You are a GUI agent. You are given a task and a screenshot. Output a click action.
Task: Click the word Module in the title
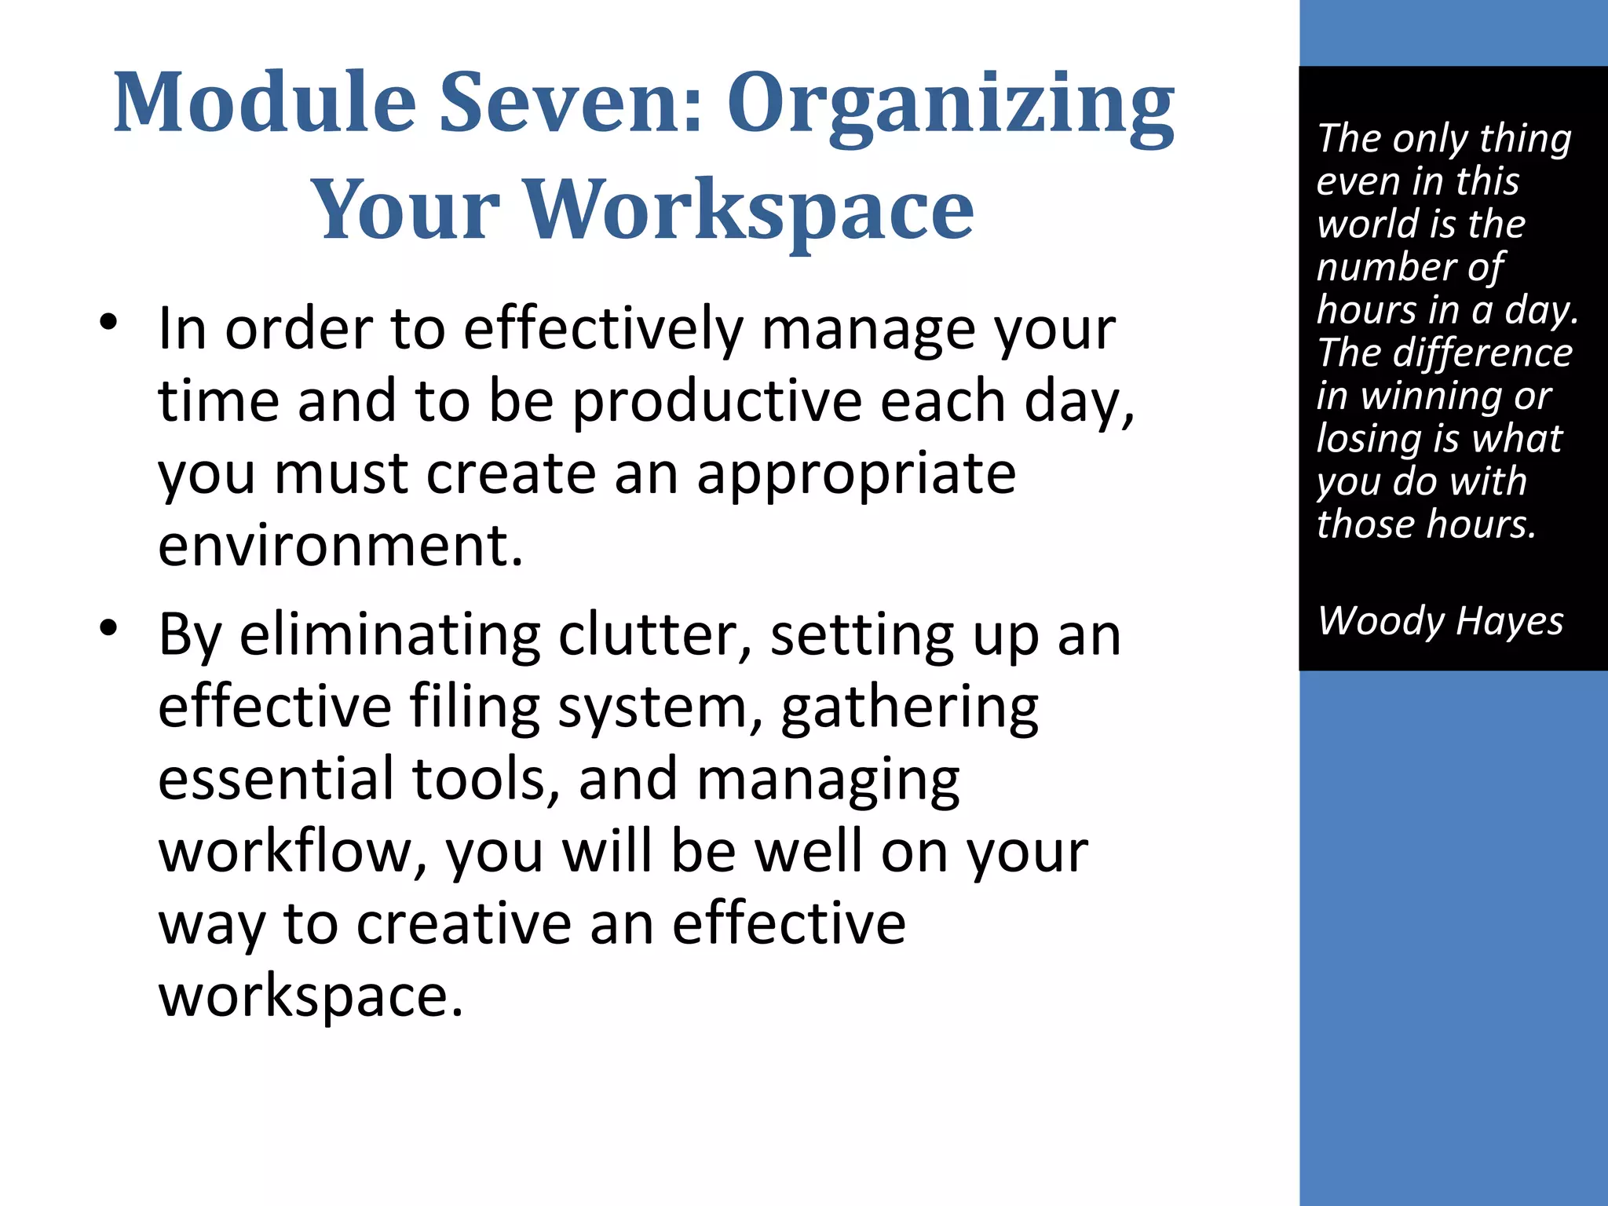tap(265, 103)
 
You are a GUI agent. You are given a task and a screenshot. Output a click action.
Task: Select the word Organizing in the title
tap(951, 106)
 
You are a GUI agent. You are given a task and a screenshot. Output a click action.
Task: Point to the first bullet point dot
tap(108, 322)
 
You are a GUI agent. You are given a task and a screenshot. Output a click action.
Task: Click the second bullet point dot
tap(108, 627)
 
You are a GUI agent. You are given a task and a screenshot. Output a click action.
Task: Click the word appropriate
tap(856, 474)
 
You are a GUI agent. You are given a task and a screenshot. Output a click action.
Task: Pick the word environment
tap(340, 546)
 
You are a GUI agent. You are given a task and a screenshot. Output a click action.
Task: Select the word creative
tap(464, 923)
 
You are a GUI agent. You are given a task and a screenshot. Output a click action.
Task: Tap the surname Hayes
tap(1509, 621)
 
